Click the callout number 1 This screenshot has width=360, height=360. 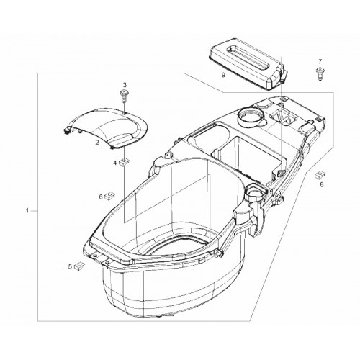[x=27, y=211]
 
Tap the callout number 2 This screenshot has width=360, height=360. [x=97, y=143]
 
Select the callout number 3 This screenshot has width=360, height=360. [x=125, y=84]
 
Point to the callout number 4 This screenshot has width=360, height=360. [x=115, y=163]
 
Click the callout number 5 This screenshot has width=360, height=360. [x=70, y=266]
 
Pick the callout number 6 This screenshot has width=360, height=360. [x=101, y=197]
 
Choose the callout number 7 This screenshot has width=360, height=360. [x=320, y=61]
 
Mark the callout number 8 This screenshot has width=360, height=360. [x=322, y=184]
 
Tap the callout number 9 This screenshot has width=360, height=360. [x=224, y=75]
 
